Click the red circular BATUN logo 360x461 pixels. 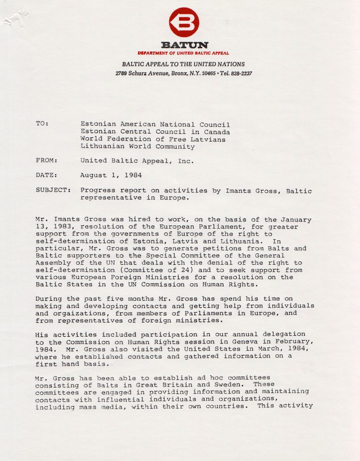click(184, 22)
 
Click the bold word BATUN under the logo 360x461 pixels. click(184, 45)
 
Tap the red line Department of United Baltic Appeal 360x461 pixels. click(183, 53)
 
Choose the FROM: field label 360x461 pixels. click(46, 160)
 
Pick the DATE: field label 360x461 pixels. click(46, 175)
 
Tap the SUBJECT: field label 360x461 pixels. click(53, 190)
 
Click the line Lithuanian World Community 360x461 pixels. click(137, 146)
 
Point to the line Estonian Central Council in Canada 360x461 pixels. click(155, 131)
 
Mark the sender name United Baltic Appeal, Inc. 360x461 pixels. click(137, 160)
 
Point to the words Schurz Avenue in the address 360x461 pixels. click(148, 73)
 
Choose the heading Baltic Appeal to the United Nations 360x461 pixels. click(183, 64)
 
